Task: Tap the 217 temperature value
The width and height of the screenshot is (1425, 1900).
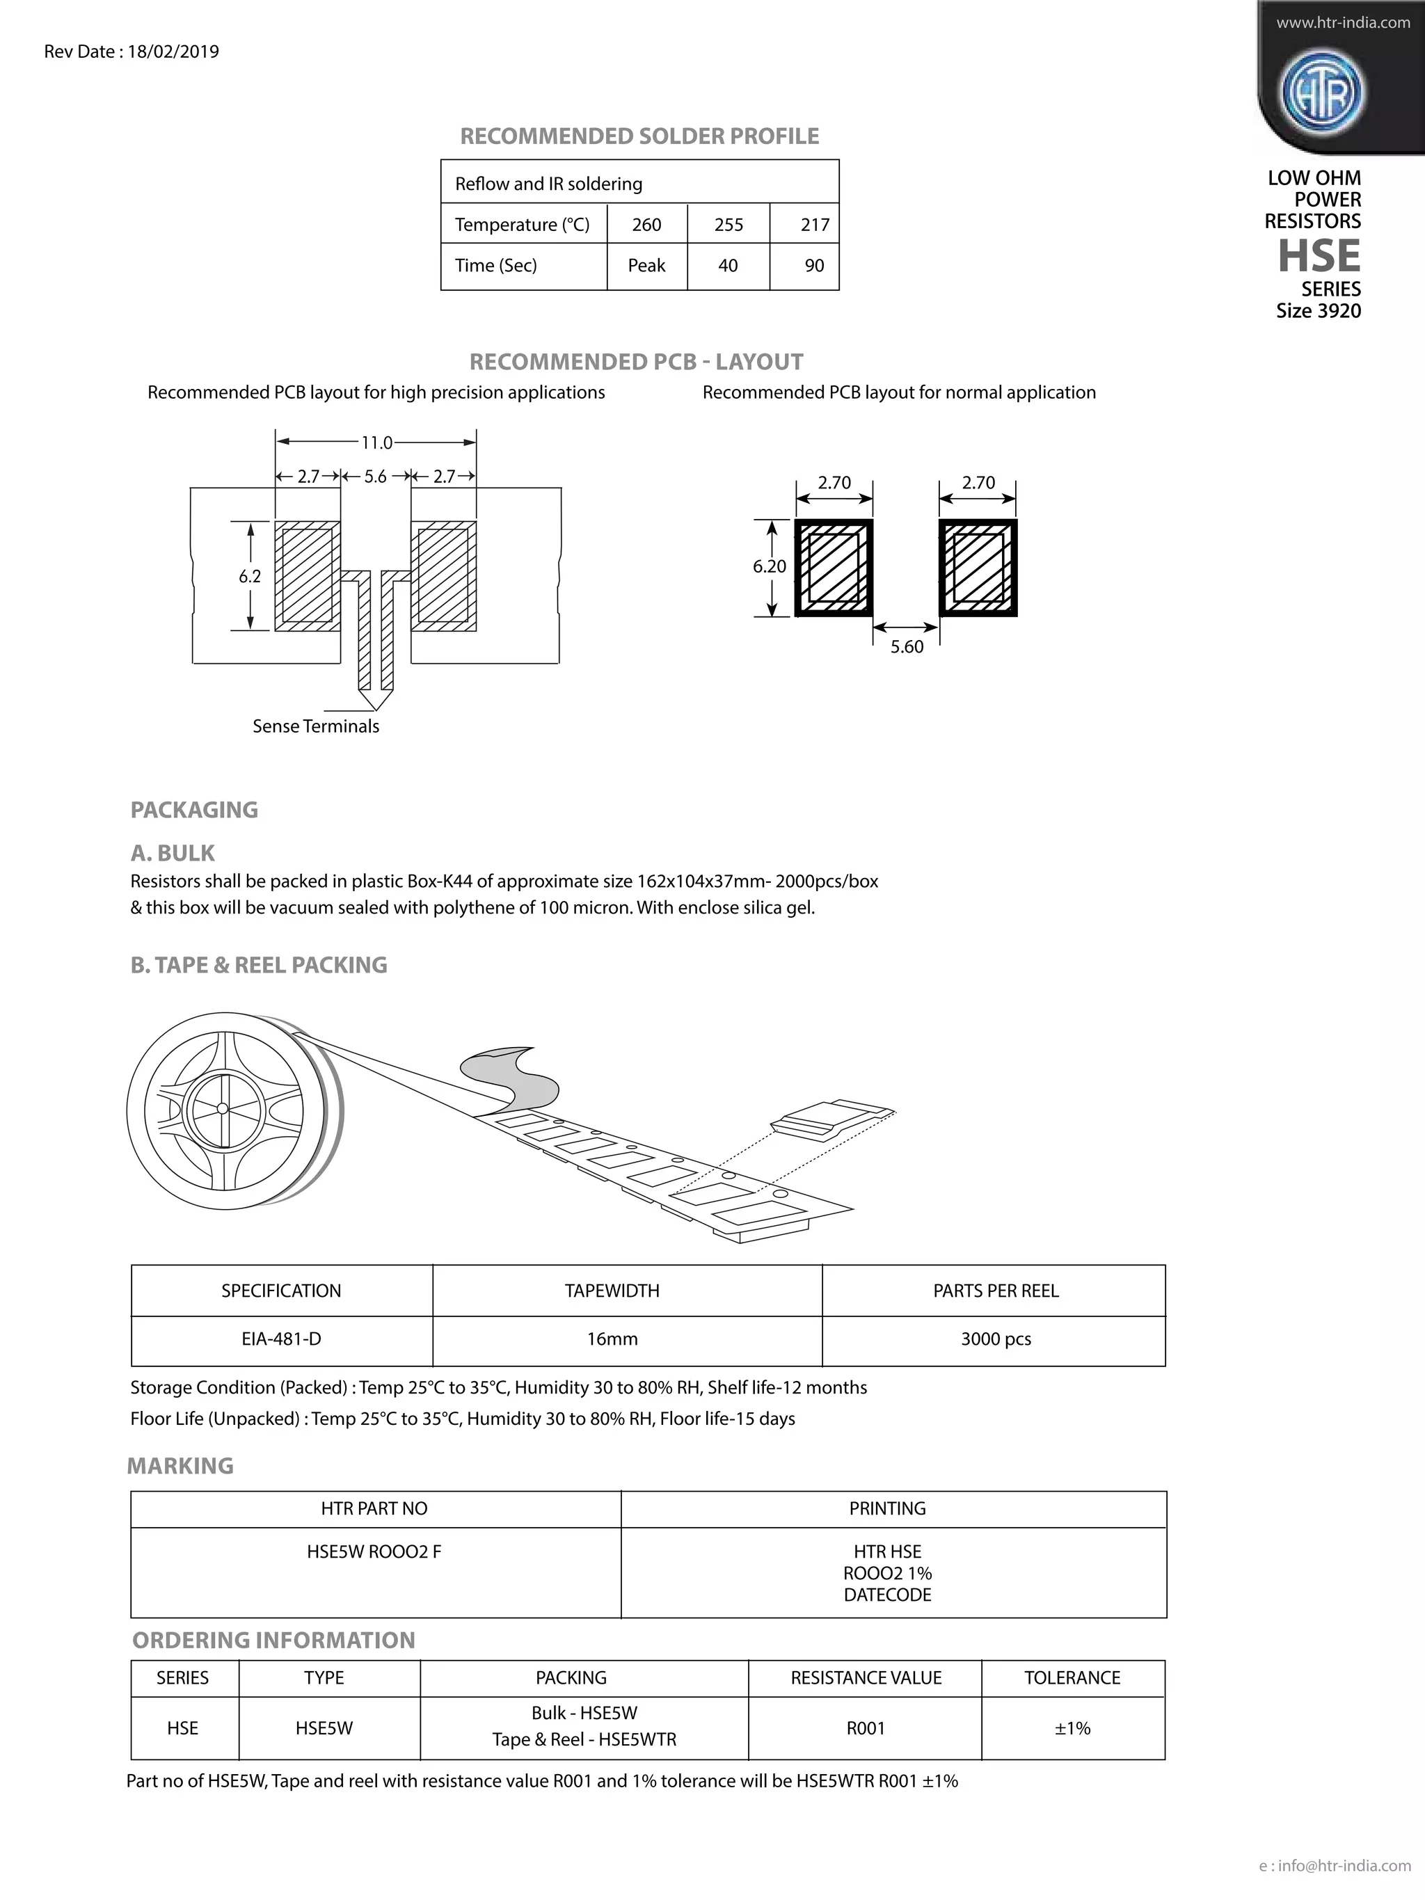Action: coord(814,225)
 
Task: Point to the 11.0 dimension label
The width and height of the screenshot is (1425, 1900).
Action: coord(376,443)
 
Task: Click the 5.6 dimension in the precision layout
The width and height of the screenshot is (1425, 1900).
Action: coord(375,477)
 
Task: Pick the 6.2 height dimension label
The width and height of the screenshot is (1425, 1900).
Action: coord(250,576)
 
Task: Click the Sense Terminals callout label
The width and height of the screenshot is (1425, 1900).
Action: coord(315,726)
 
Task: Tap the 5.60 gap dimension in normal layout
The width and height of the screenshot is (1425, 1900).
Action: coord(906,647)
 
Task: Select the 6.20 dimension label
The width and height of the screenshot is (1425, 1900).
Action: coord(769,567)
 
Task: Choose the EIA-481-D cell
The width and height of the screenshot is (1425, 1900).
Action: coord(281,1339)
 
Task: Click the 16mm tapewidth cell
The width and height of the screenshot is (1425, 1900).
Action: coord(612,1339)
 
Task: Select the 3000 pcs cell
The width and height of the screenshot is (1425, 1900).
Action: coord(996,1339)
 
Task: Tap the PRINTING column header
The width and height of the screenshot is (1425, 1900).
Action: coord(887,1508)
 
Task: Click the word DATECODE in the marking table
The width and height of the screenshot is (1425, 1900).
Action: coord(887,1595)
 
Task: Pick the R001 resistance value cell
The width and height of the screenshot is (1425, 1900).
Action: coord(865,1728)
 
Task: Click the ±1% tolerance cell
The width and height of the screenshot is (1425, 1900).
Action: coord(1072,1728)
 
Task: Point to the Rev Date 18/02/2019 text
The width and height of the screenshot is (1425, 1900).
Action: coord(132,51)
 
